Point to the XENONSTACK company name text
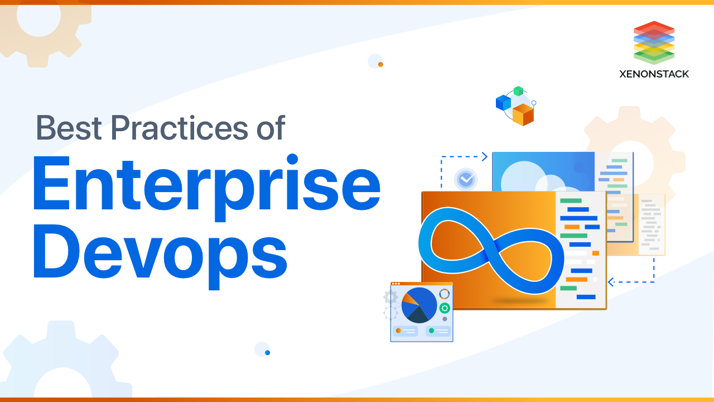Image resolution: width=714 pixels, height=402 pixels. (x=654, y=74)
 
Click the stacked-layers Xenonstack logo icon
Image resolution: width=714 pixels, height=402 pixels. (x=654, y=42)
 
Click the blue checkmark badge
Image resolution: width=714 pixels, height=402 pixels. (x=466, y=180)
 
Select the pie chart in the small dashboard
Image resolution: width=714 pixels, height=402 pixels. (x=419, y=305)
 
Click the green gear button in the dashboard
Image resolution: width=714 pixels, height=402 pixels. (x=445, y=308)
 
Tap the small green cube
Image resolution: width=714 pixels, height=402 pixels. (x=518, y=91)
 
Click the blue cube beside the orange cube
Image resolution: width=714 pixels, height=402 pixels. (x=503, y=102)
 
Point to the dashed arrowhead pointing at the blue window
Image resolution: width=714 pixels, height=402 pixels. (x=485, y=157)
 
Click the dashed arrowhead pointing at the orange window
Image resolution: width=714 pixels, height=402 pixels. (x=611, y=282)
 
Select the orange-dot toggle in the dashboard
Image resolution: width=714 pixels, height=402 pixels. (x=406, y=331)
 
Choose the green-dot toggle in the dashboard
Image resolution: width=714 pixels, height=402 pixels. (x=438, y=331)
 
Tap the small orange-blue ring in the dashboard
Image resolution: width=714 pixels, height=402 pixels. (x=444, y=294)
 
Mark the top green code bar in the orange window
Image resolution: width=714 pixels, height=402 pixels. (x=571, y=200)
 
